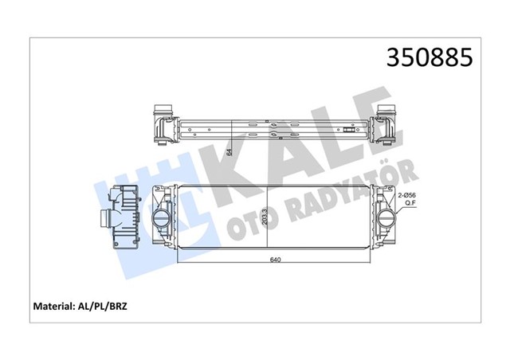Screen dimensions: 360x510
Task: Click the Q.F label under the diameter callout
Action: coord(412,204)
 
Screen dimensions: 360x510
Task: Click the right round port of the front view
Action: coord(386,217)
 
